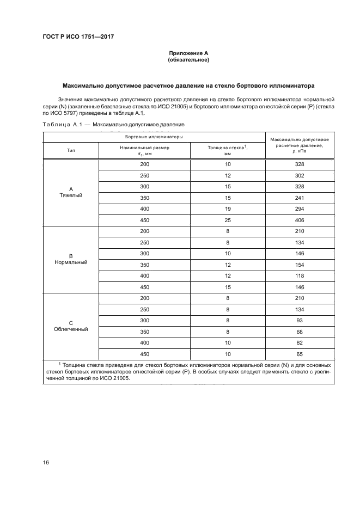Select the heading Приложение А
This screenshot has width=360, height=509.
point(188,53)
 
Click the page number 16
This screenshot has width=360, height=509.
point(46,462)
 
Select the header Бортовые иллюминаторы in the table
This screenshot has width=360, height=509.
point(154,136)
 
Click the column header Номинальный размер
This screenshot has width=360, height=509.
point(144,148)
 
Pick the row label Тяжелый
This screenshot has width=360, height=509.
point(71,195)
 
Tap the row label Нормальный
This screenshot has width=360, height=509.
point(71,262)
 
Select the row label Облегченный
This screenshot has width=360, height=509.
point(71,329)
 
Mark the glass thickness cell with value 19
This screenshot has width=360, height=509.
point(228,209)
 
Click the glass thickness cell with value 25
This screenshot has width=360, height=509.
point(228,220)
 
